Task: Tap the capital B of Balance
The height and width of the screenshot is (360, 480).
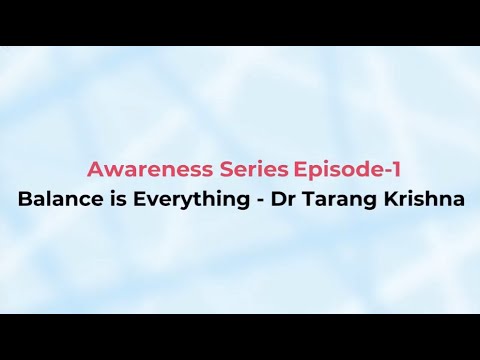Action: coord(24,198)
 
